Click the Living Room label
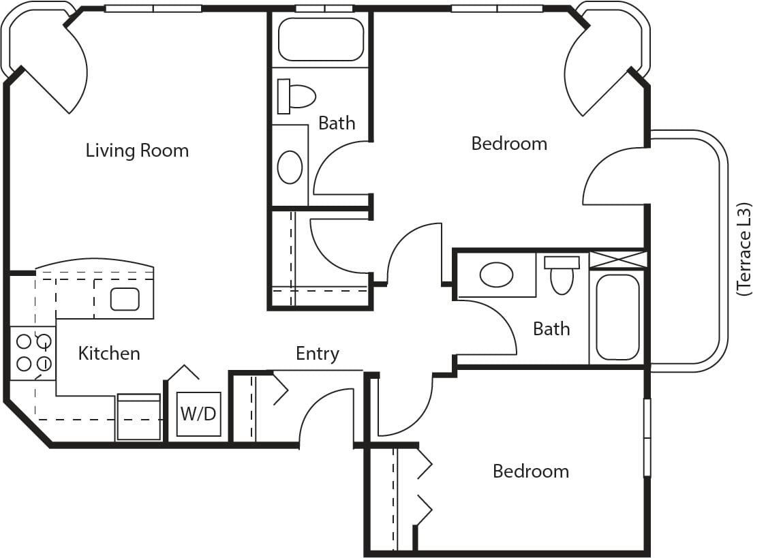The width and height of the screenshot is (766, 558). [137, 151]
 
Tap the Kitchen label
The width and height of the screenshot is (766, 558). [109, 353]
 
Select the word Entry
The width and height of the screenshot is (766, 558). [318, 354]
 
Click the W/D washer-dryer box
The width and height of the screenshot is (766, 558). [198, 414]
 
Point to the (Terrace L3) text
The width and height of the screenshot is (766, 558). [743, 249]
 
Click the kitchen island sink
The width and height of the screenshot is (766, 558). [125, 299]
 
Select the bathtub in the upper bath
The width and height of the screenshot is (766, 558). [320, 39]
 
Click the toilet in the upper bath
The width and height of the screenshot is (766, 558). [296, 96]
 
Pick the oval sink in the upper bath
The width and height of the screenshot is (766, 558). [290, 167]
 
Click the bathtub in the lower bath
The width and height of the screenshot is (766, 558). [617, 317]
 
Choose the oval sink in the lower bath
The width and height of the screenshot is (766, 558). [496, 275]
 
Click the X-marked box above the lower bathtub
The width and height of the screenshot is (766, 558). [618, 259]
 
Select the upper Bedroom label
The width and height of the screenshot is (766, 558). [509, 144]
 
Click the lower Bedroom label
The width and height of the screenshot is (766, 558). [530, 471]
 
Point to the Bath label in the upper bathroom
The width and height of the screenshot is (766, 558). [337, 123]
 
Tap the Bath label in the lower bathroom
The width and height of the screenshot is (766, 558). [551, 328]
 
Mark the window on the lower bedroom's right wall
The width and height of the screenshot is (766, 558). [647, 438]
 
